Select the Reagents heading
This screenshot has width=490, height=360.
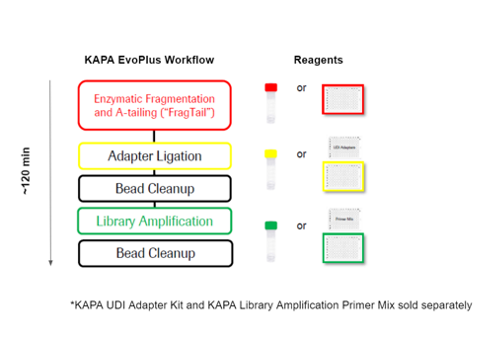click(x=318, y=61)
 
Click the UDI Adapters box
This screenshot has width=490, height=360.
click(x=344, y=146)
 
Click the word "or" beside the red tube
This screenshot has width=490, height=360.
click(x=301, y=88)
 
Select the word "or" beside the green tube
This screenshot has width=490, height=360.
click(x=301, y=225)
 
